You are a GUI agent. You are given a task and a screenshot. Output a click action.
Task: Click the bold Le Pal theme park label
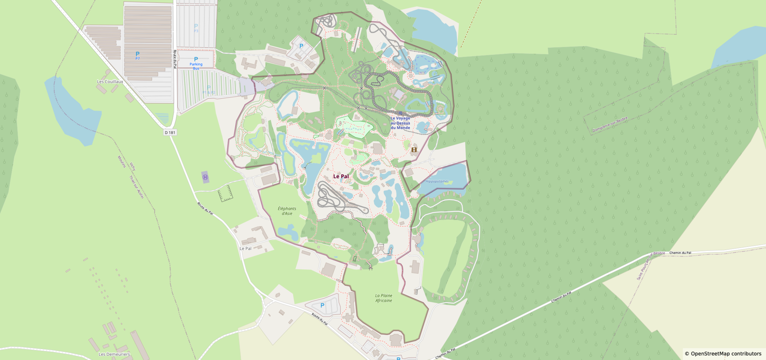341,177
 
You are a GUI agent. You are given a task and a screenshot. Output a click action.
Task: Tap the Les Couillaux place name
110,82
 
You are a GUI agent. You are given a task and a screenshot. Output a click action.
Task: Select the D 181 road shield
170,133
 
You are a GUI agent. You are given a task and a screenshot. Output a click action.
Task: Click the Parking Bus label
196,65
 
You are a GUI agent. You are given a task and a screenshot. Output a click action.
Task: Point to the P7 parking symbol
137,55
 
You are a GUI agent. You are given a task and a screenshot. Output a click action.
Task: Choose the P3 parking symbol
196,27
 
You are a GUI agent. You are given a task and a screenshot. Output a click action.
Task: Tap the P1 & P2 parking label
209,90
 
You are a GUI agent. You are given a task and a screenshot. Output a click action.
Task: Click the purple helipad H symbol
205,177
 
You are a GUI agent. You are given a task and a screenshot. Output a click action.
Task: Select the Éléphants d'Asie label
287,211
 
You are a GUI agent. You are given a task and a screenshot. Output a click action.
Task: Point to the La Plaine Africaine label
383,298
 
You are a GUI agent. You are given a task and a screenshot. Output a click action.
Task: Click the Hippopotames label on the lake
437,181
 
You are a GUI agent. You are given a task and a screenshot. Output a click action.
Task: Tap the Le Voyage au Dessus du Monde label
400,123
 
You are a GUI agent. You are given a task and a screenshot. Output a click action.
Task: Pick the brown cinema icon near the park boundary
414,150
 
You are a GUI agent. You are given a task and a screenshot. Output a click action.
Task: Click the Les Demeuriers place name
114,354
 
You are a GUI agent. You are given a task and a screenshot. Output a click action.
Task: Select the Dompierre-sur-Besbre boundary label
609,125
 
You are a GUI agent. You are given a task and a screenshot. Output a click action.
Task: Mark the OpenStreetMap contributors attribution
723,354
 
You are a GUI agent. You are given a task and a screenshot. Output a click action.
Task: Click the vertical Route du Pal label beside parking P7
175,59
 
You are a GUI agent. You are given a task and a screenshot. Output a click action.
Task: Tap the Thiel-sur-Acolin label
136,187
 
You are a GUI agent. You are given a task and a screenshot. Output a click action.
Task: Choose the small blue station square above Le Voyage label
401,113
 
